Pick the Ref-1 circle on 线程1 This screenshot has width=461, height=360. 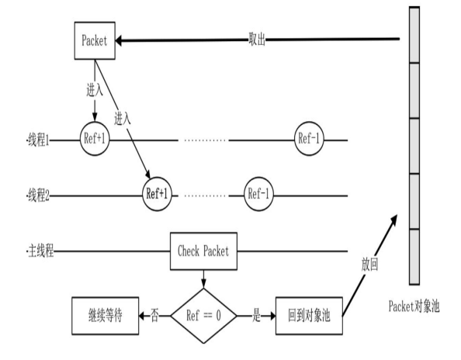pyautogui.click(x=310, y=140)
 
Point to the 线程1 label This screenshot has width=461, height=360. pyautogui.click(x=37, y=140)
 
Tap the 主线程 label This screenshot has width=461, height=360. pyautogui.click(x=39, y=251)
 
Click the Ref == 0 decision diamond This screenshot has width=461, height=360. pyautogui.click(x=204, y=317)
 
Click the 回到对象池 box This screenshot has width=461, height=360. pyautogui.click(x=308, y=317)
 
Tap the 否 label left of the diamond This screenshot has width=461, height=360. pyautogui.click(x=154, y=317)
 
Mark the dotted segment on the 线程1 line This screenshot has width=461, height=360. pyautogui.click(x=204, y=140)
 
